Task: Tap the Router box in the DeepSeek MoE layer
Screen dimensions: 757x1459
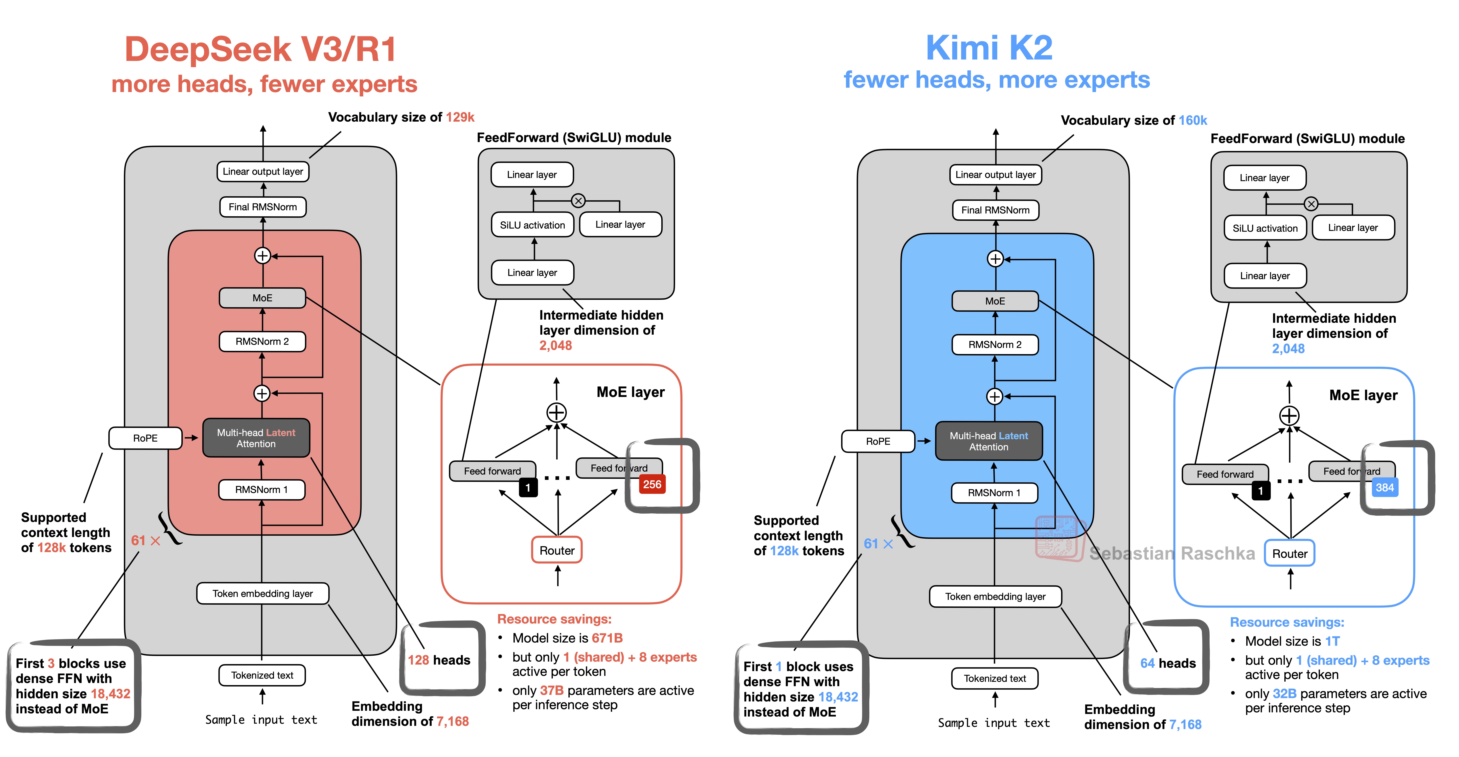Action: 557,550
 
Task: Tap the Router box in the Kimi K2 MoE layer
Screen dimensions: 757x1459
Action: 1290,554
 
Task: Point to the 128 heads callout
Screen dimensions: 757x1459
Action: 439,660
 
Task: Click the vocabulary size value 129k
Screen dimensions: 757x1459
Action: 460,117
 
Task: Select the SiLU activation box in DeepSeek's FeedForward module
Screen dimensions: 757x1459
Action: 532,225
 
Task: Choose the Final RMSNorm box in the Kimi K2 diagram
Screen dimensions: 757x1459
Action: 995,210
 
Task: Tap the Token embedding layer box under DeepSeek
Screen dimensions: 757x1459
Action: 262,593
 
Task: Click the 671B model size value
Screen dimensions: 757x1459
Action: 607,638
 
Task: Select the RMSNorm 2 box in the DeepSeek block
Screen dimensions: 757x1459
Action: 262,341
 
